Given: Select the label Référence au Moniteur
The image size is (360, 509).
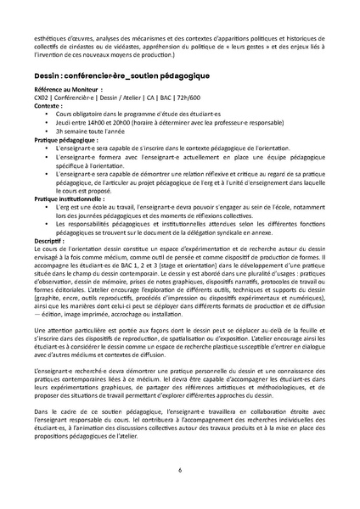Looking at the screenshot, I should [62, 89].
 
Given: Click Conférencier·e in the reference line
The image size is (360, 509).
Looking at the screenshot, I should [76, 97].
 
